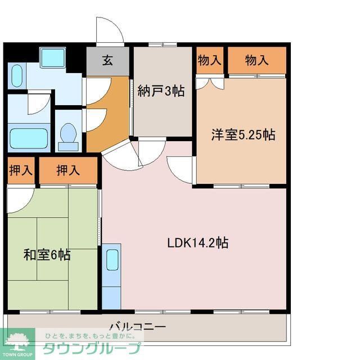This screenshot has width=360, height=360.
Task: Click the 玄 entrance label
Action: tap(107, 61)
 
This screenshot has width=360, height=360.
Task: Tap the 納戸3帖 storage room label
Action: tap(161, 92)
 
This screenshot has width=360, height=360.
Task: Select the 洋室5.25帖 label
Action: tap(243, 135)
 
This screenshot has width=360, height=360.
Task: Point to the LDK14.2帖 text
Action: tap(197, 243)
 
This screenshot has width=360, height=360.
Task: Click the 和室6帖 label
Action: tap(47, 255)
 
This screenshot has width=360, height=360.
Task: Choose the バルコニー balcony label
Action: tap(137, 327)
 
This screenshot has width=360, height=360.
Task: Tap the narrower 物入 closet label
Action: tap(209, 61)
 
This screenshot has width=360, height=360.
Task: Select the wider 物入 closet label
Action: tap(257, 61)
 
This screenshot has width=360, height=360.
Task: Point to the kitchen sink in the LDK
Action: tap(111, 261)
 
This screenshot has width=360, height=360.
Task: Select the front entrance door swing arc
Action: tap(109, 31)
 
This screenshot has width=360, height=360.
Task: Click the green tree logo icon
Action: tap(17, 339)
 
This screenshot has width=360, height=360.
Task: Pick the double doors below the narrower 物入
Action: tap(210, 82)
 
